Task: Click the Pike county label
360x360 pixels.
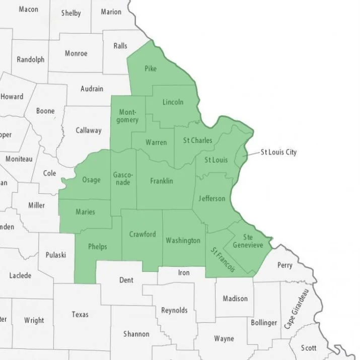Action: point(151,68)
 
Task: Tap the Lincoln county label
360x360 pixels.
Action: point(173,102)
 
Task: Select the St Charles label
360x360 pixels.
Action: point(197,140)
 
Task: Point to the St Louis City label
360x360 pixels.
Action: point(278,152)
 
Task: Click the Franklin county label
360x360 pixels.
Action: point(162,180)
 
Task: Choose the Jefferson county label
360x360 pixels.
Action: point(212,198)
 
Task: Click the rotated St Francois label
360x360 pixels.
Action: point(223,260)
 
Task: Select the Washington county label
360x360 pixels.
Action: point(183,240)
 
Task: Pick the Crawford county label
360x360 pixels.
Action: point(142,234)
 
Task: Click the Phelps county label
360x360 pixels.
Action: point(98,247)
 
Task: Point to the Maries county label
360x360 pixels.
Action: point(85,212)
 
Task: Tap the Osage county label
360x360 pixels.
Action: point(92,180)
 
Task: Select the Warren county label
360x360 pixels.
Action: point(156,142)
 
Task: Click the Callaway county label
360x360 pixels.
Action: point(89,130)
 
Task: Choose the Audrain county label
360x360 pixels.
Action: point(92,89)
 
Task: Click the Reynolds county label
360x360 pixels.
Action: point(174,310)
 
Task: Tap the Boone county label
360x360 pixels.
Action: point(45,111)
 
